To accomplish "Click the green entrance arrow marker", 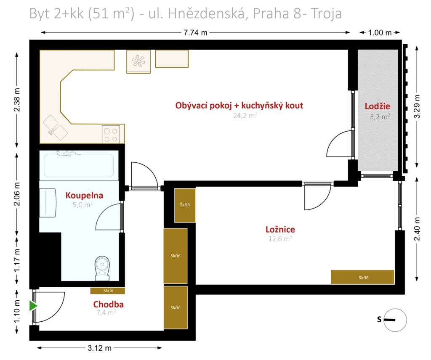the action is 33,306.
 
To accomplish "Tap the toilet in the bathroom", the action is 102,269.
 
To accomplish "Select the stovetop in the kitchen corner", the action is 111,134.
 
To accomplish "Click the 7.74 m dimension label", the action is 195,33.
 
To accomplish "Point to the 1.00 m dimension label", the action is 380,33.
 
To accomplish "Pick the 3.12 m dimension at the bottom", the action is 99,348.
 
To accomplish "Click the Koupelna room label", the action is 84,196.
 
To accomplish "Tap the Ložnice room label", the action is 280,230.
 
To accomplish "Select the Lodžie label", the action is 378,106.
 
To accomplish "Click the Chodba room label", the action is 108,304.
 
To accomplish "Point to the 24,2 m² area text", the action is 245,115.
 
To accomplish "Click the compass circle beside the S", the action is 395,320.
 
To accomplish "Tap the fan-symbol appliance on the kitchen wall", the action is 138,61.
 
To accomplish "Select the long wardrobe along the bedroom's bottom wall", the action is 362,277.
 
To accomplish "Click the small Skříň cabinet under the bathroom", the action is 107,291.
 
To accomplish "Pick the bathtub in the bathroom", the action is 79,165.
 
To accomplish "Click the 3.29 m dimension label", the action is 417,106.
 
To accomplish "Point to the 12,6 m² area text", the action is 280,238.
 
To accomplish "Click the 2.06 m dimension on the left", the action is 17,194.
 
